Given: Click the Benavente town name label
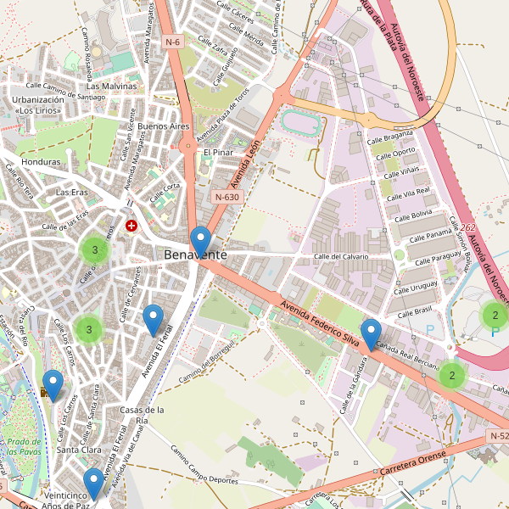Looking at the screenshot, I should click(x=195, y=255).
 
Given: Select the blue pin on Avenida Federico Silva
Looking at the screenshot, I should click(x=371, y=333).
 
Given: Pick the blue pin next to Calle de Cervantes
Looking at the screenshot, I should click(x=153, y=319).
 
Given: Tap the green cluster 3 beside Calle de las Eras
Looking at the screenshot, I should click(x=94, y=249).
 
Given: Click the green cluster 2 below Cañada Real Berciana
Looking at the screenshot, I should click(x=453, y=375).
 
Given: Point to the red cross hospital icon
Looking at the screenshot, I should click(x=131, y=226).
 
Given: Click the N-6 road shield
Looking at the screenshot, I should click(x=173, y=42).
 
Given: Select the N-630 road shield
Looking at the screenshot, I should click(x=227, y=197).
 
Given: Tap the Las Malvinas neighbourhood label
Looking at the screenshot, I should click(x=111, y=87).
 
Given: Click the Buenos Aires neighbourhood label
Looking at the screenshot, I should click(x=163, y=126).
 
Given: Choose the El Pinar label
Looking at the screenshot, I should click(x=217, y=153).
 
